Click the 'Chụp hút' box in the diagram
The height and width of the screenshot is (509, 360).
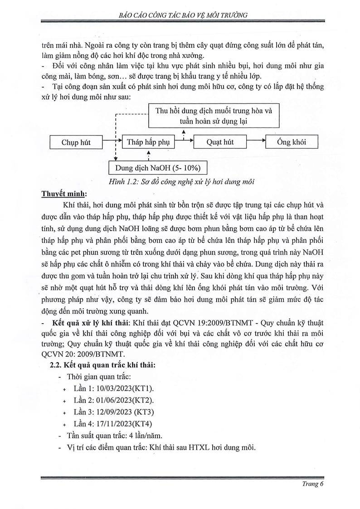point(76,142)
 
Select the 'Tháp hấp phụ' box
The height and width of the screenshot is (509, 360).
point(148,142)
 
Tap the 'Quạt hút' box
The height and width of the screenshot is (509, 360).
point(220,142)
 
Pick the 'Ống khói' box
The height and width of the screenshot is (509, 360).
point(292,142)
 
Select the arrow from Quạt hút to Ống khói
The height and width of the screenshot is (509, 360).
point(256,142)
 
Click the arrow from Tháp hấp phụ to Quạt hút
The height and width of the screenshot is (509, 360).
point(184,142)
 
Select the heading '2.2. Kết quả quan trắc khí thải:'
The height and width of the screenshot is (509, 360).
point(102,366)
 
